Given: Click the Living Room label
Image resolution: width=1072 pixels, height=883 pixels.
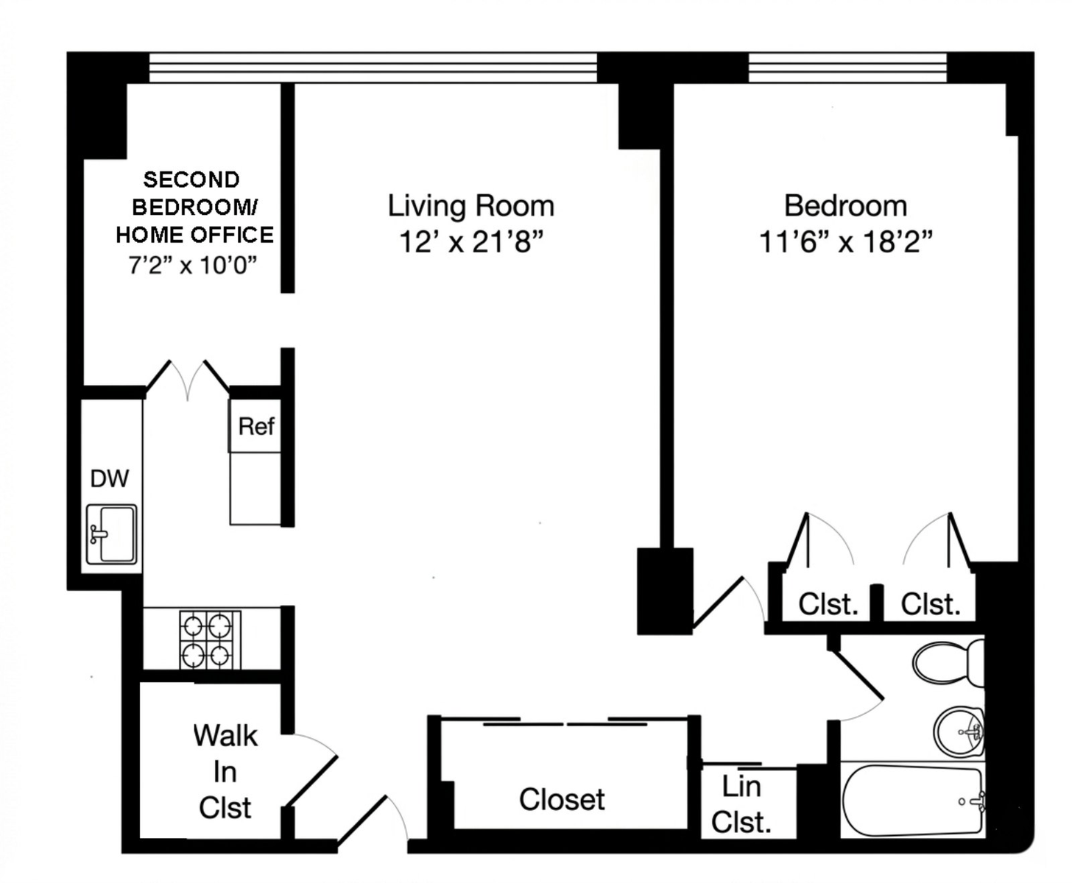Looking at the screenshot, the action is [470, 206].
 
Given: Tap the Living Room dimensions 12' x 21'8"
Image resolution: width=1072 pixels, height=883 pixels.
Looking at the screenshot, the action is [470, 241].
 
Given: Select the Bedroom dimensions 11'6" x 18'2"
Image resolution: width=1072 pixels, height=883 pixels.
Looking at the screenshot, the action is [845, 241].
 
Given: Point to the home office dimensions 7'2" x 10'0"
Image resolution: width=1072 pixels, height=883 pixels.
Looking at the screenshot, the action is [192, 265].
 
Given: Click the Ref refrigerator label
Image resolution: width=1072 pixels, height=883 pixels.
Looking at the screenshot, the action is [256, 426].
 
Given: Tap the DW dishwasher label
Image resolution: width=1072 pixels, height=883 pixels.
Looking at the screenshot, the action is [110, 478].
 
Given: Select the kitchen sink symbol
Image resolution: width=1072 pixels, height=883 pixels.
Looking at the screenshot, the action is [111, 533].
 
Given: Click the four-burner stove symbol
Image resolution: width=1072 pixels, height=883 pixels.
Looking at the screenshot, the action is [210, 639].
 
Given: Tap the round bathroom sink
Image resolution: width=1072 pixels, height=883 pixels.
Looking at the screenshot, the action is [959, 731].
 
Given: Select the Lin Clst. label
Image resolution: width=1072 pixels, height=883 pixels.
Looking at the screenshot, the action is [741, 804].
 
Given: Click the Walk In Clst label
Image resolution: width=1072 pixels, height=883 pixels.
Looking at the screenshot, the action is [225, 772].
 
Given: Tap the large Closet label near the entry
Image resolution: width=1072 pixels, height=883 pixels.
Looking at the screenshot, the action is [562, 799].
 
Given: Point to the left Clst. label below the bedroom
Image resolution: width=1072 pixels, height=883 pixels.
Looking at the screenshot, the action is [828, 604].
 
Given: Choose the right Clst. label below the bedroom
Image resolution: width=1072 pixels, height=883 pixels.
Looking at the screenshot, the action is [931, 604].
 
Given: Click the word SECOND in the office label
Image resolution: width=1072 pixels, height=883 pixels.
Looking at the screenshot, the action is [191, 180].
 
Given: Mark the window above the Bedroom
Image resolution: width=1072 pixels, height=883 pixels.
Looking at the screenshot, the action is [847, 67].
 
